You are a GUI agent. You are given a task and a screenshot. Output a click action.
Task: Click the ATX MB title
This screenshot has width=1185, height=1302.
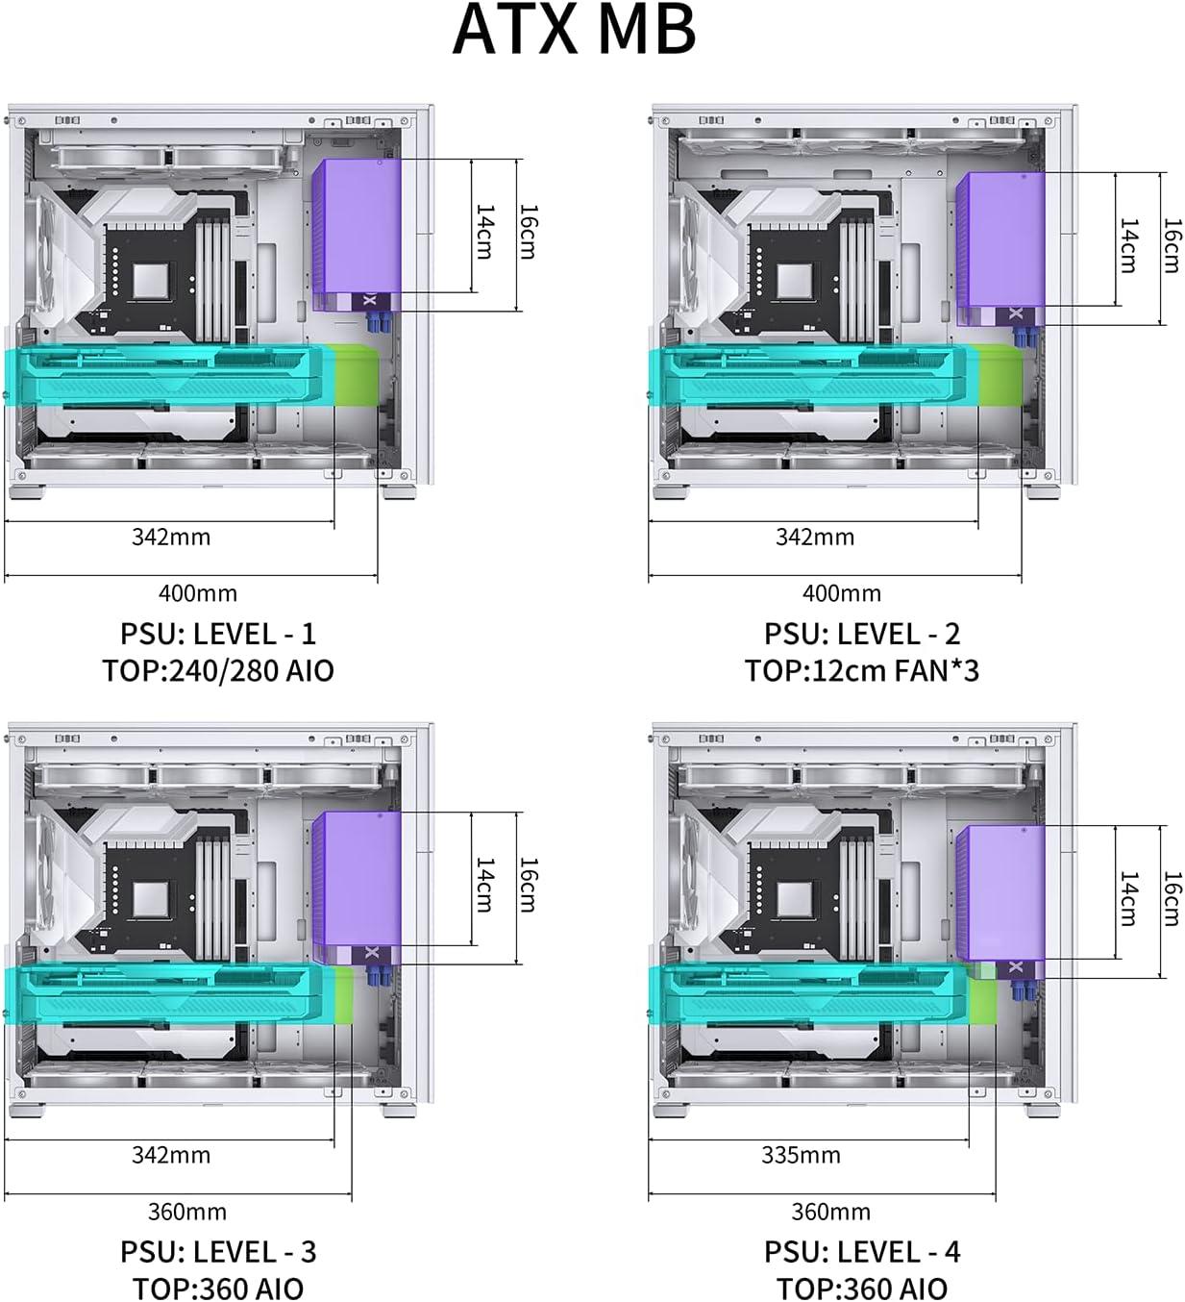(x=574, y=31)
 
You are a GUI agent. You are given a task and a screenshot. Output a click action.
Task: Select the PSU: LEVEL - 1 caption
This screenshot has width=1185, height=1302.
(x=218, y=634)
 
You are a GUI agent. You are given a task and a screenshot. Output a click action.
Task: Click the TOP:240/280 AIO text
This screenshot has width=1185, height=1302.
(x=218, y=670)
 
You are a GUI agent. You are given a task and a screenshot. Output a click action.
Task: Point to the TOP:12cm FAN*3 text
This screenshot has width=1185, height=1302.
(x=862, y=670)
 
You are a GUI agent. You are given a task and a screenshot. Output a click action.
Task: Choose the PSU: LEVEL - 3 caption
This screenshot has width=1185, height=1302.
(x=218, y=1251)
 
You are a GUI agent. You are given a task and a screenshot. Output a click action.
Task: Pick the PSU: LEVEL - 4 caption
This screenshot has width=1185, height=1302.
(x=862, y=1251)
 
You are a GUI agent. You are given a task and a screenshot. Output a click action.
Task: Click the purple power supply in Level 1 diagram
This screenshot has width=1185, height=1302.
(x=357, y=235)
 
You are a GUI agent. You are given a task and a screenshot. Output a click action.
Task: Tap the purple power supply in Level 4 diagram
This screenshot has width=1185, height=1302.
(x=1000, y=902)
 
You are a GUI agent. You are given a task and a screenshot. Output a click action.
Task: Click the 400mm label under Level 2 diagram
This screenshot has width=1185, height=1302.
(x=842, y=593)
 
